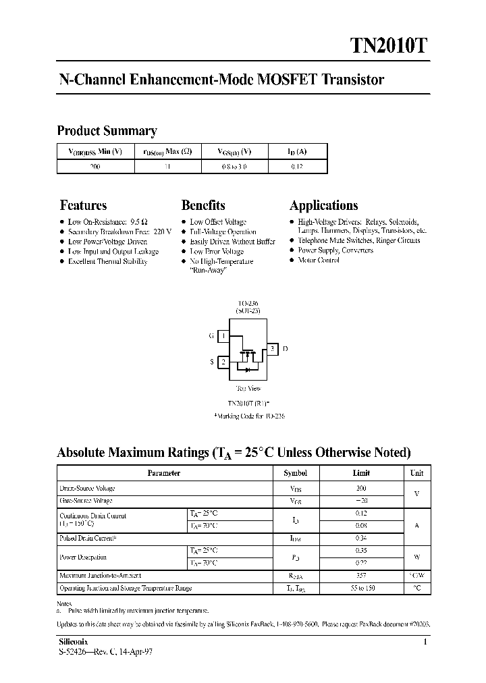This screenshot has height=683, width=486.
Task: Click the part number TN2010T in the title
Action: tap(387, 45)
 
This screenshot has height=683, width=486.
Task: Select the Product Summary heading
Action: tap(107, 131)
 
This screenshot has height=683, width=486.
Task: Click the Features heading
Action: tap(83, 205)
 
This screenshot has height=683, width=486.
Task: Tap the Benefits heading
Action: tap(203, 205)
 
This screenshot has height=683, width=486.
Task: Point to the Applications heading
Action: tap(324, 205)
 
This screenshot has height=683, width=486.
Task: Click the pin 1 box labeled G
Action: tap(223, 335)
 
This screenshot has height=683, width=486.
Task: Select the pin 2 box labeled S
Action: tap(223, 362)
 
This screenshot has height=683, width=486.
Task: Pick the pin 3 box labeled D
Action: tap(271, 349)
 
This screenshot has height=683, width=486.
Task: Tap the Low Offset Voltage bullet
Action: tap(217, 222)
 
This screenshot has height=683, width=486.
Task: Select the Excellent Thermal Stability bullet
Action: tap(107, 261)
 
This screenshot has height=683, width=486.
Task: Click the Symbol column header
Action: tap(295, 473)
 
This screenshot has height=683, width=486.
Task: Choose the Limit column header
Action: tap(361, 473)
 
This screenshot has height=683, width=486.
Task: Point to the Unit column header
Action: tap(416, 473)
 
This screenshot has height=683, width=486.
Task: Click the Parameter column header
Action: tap(163, 473)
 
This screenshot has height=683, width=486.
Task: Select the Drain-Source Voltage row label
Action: tap(87, 488)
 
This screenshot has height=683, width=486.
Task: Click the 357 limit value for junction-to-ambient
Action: tap(361, 576)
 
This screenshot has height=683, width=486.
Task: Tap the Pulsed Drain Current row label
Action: tap(88, 539)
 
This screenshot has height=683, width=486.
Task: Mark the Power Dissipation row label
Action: tap(83, 557)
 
